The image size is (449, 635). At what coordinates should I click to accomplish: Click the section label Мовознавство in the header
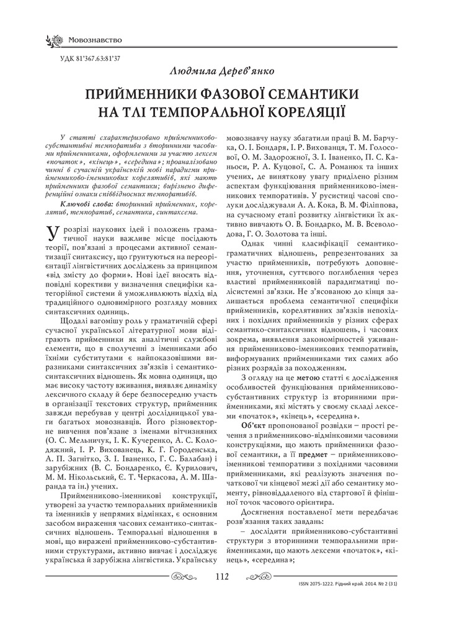95,41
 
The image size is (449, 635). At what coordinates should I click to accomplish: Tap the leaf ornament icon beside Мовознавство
53,41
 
